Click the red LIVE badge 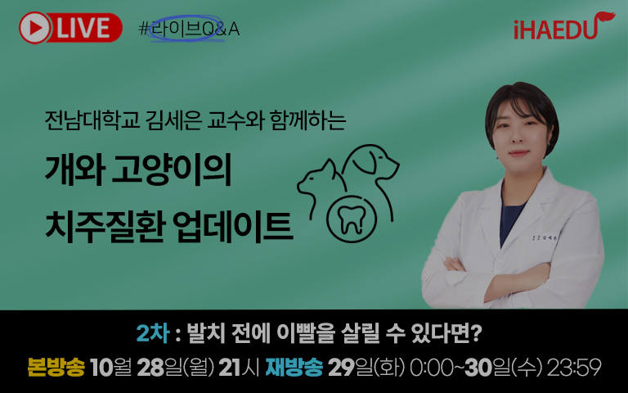coord(70,28)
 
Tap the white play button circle coord(35,28)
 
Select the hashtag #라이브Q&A coord(189,29)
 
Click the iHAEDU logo coord(564,26)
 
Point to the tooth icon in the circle coord(352,219)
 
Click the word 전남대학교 coord(92,120)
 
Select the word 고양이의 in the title coord(172,169)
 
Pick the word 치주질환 coord(105,226)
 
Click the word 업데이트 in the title coord(235,226)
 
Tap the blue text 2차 coord(153,333)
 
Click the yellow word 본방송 coord(56,367)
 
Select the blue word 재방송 coord(294,367)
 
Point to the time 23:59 coord(574,368)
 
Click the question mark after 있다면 coord(476,333)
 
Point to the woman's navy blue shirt coord(510,219)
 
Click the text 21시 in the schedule coord(239,368)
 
